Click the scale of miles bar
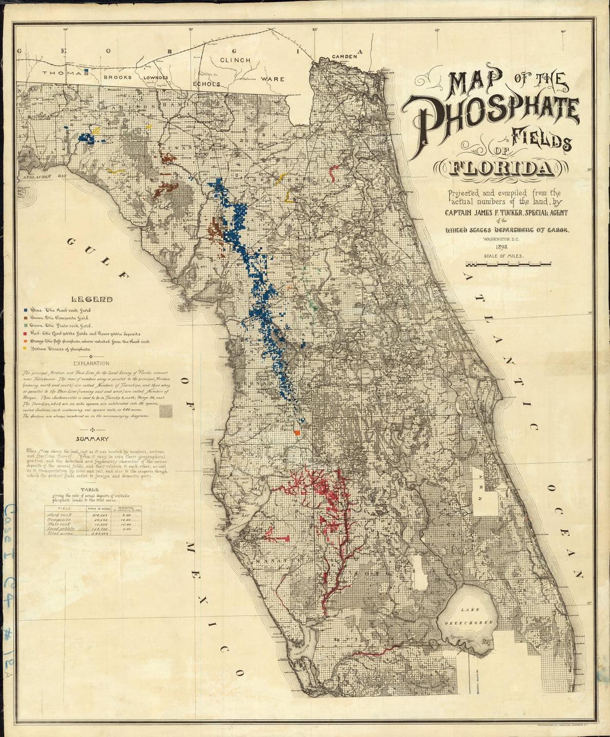point(508,264)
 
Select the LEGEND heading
point(92,299)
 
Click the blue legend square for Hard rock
point(26,310)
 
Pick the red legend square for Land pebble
point(26,333)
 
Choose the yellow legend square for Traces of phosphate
point(26,349)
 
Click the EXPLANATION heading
point(92,363)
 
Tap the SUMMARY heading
point(92,439)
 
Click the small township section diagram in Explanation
point(166,410)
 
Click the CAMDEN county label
point(344,56)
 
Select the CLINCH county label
point(235,60)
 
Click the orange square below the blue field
point(297,433)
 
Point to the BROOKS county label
point(118,77)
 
